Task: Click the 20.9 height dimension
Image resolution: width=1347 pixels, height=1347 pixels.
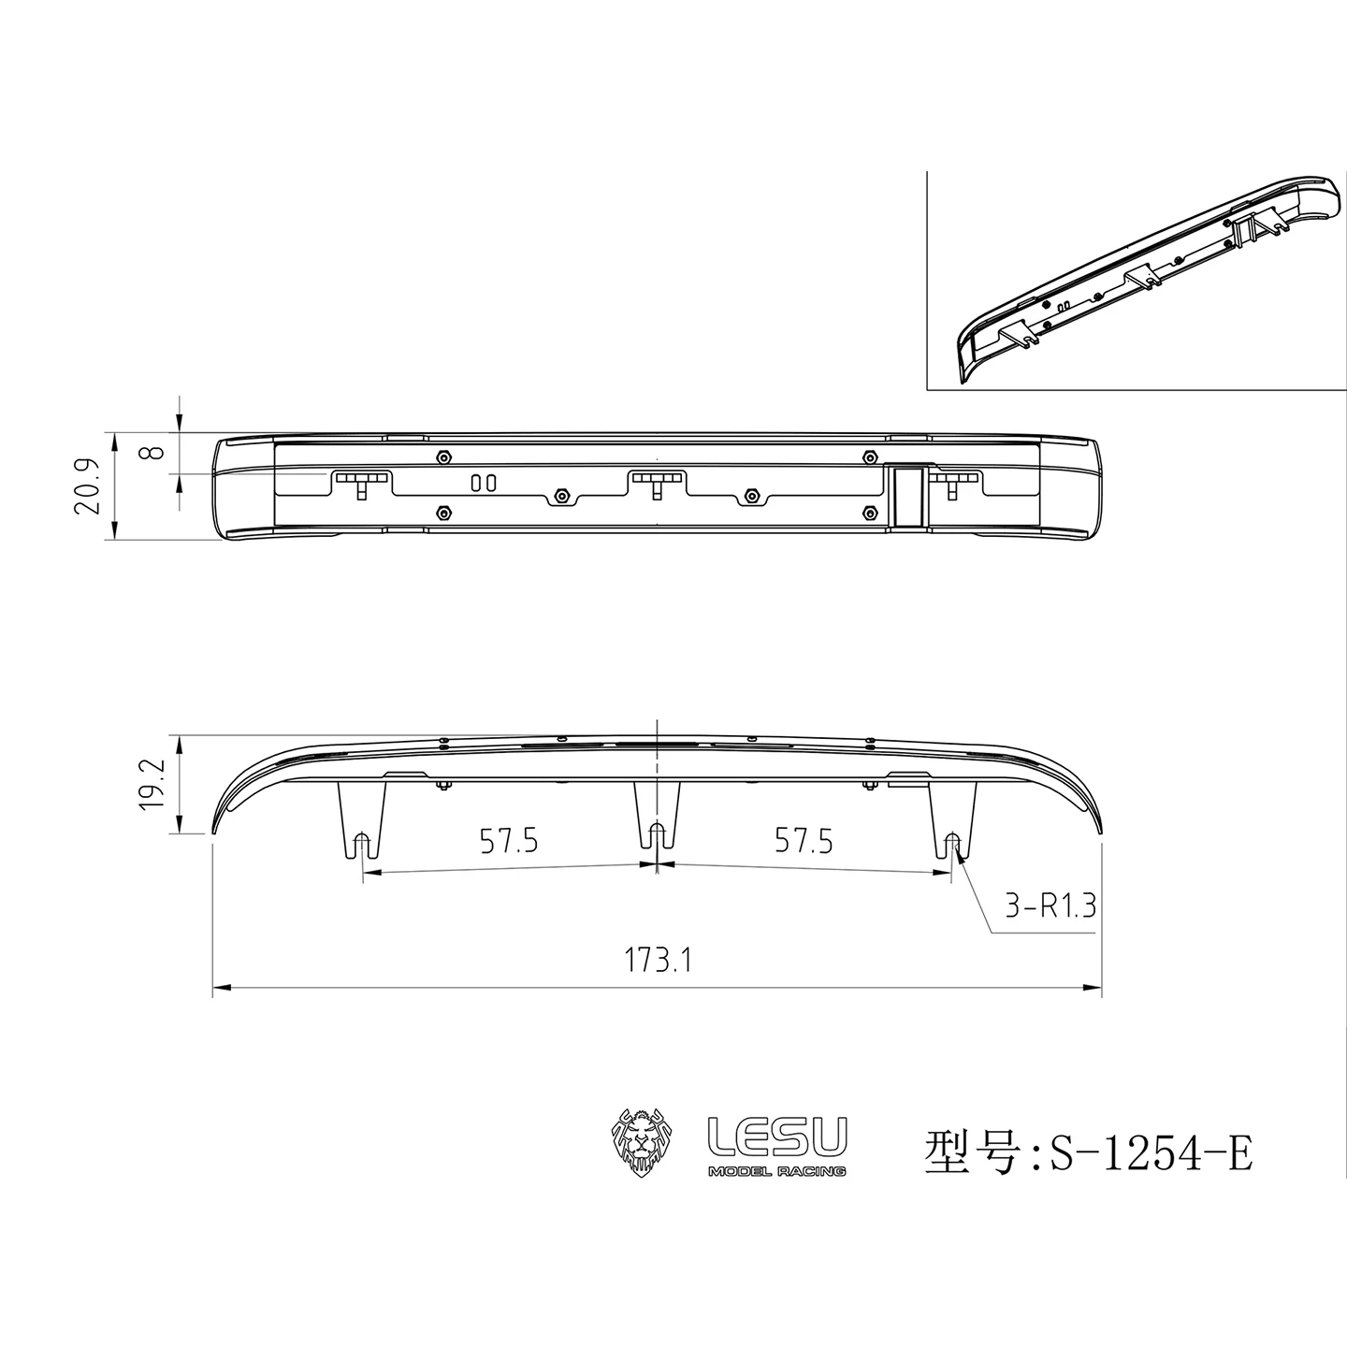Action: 87,486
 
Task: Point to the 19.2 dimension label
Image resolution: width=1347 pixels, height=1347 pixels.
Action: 152,784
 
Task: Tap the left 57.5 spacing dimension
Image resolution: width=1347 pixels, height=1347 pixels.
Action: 508,841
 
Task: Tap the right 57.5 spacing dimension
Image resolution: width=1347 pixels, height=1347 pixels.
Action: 804,841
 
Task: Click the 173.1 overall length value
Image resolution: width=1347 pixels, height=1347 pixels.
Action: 659,961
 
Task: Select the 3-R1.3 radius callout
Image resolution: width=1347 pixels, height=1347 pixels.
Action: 1050,905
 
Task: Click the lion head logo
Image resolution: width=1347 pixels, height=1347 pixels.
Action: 641,1141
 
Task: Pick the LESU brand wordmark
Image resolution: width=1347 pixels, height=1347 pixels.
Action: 777,1136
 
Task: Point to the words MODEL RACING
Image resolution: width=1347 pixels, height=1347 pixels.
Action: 777,1172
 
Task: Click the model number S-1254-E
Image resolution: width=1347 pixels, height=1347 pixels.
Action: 1151,1152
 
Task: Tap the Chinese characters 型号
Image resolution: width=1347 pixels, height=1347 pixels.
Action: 970,1152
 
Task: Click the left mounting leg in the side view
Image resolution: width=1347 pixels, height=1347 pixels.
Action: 361,819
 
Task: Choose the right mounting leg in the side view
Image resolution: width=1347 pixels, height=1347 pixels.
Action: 953,819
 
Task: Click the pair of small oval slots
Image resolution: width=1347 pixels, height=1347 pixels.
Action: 483,483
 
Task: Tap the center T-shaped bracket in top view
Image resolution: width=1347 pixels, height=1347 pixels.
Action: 658,481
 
